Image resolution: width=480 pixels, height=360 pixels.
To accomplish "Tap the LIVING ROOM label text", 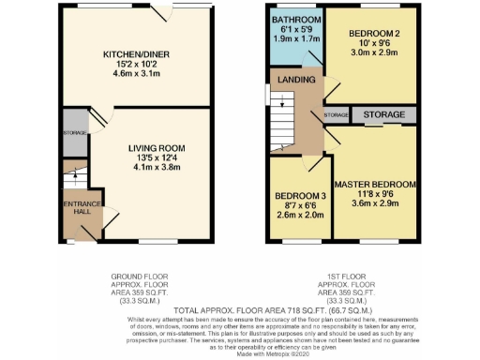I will click(157, 148).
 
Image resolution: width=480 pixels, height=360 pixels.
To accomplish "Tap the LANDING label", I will click(296, 81).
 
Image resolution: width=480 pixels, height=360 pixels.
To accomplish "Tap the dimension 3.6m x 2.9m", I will click(375, 203).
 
